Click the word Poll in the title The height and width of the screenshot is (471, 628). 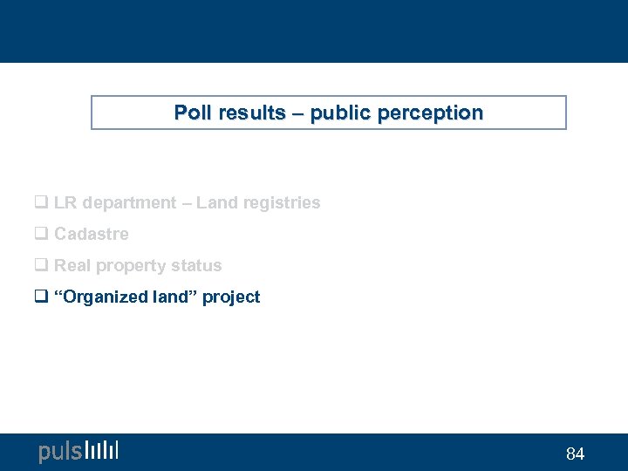[192, 113]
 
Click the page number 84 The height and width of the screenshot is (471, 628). [575, 454]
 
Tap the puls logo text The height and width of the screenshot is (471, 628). [60, 451]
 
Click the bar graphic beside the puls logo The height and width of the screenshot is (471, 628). [102, 450]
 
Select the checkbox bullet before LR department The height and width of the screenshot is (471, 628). [40, 203]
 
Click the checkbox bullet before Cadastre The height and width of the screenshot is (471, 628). [40, 235]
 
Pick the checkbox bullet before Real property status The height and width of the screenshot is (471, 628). [40, 266]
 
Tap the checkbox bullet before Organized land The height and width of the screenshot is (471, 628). [40, 297]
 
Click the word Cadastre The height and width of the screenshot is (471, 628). [92, 234]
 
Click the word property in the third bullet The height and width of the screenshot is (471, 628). [132, 266]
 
